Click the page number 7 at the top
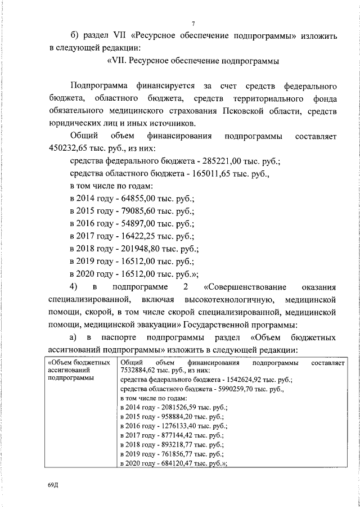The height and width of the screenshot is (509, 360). point(192,23)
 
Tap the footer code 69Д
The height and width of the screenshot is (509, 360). point(53,485)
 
